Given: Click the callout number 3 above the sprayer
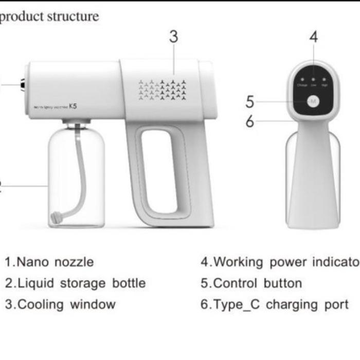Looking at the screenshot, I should pyautogui.click(x=174, y=37).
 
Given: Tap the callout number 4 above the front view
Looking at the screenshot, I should pyautogui.click(x=314, y=37).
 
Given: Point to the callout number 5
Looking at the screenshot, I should pyautogui.click(x=250, y=102).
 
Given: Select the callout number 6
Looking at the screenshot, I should pyautogui.click(x=250, y=121).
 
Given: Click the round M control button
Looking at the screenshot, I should pyautogui.click(x=313, y=102).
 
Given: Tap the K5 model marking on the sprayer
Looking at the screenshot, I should pyautogui.click(x=73, y=107).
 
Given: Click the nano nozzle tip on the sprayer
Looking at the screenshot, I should pyautogui.click(x=24, y=84).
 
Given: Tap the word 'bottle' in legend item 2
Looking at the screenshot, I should pyautogui.click(x=129, y=283).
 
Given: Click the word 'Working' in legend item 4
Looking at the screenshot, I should pyautogui.click(x=237, y=262).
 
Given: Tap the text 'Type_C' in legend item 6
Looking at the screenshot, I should pyautogui.click(x=237, y=304).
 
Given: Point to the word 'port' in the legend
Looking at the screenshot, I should pyautogui.click(x=336, y=304).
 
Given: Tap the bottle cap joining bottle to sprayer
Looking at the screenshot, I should pyautogui.click(x=77, y=124).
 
